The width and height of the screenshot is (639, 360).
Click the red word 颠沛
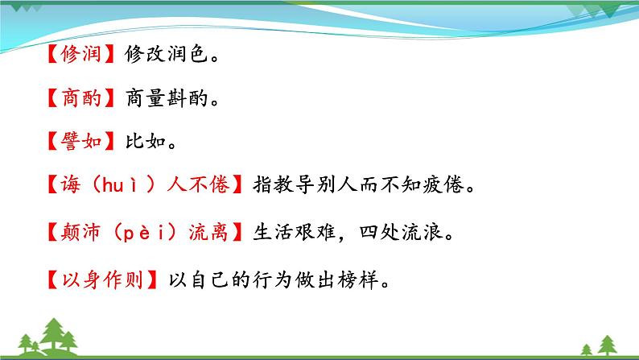click(x=80, y=234)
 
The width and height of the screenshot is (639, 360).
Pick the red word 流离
click(x=209, y=234)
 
